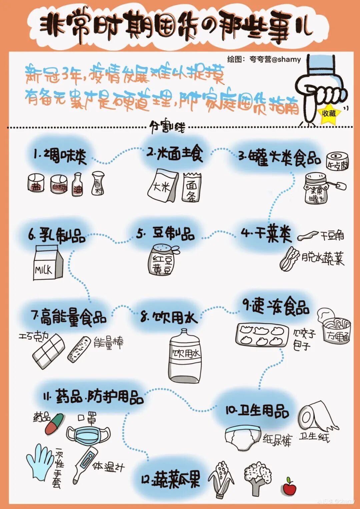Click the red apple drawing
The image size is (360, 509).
click(x=289, y=487)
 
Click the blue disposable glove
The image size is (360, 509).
click(x=40, y=462)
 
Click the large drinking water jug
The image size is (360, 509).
click(x=185, y=357)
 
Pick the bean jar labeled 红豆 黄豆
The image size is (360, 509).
click(x=163, y=260)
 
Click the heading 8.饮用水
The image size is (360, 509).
click(x=169, y=317)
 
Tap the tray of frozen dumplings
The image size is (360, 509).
click(x=262, y=335)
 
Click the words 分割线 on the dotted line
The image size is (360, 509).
click(x=167, y=127)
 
